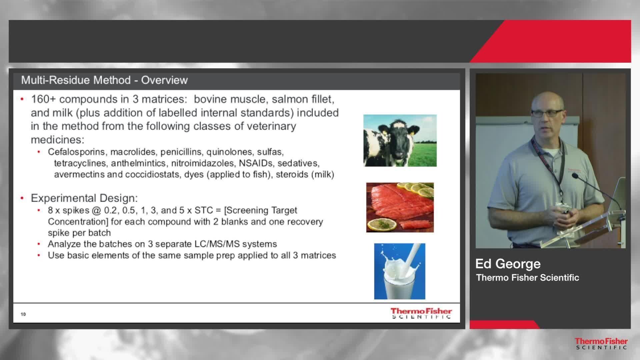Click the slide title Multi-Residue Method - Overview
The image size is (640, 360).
104,80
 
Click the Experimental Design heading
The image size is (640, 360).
84,198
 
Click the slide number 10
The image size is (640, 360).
23,314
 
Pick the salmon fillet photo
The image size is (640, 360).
400,207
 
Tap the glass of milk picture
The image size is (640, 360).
400,271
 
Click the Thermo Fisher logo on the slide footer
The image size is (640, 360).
421,313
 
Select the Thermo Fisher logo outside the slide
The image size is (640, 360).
601,344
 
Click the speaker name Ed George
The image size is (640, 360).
508,264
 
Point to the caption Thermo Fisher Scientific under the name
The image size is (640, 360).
528,277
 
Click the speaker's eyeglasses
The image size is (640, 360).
547,113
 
